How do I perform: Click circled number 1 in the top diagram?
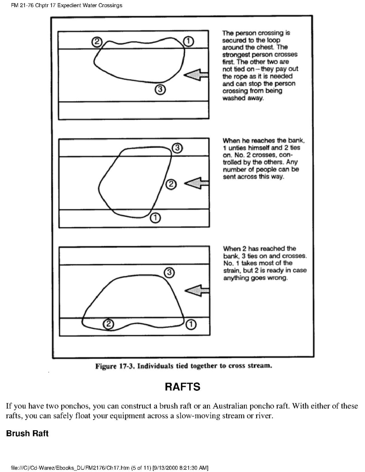[188, 41]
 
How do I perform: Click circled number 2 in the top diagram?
[97, 41]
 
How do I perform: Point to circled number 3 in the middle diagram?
[177, 148]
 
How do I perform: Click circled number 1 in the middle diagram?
[155, 217]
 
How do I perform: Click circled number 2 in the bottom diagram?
[108, 324]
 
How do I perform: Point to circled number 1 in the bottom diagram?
[190, 324]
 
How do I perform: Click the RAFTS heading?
[182, 387]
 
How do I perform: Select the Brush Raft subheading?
[27, 433]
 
